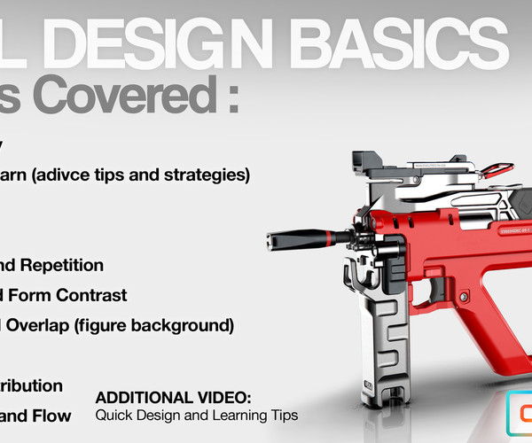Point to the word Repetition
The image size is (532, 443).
tap(66, 265)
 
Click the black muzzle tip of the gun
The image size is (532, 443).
tap(276, 237)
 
